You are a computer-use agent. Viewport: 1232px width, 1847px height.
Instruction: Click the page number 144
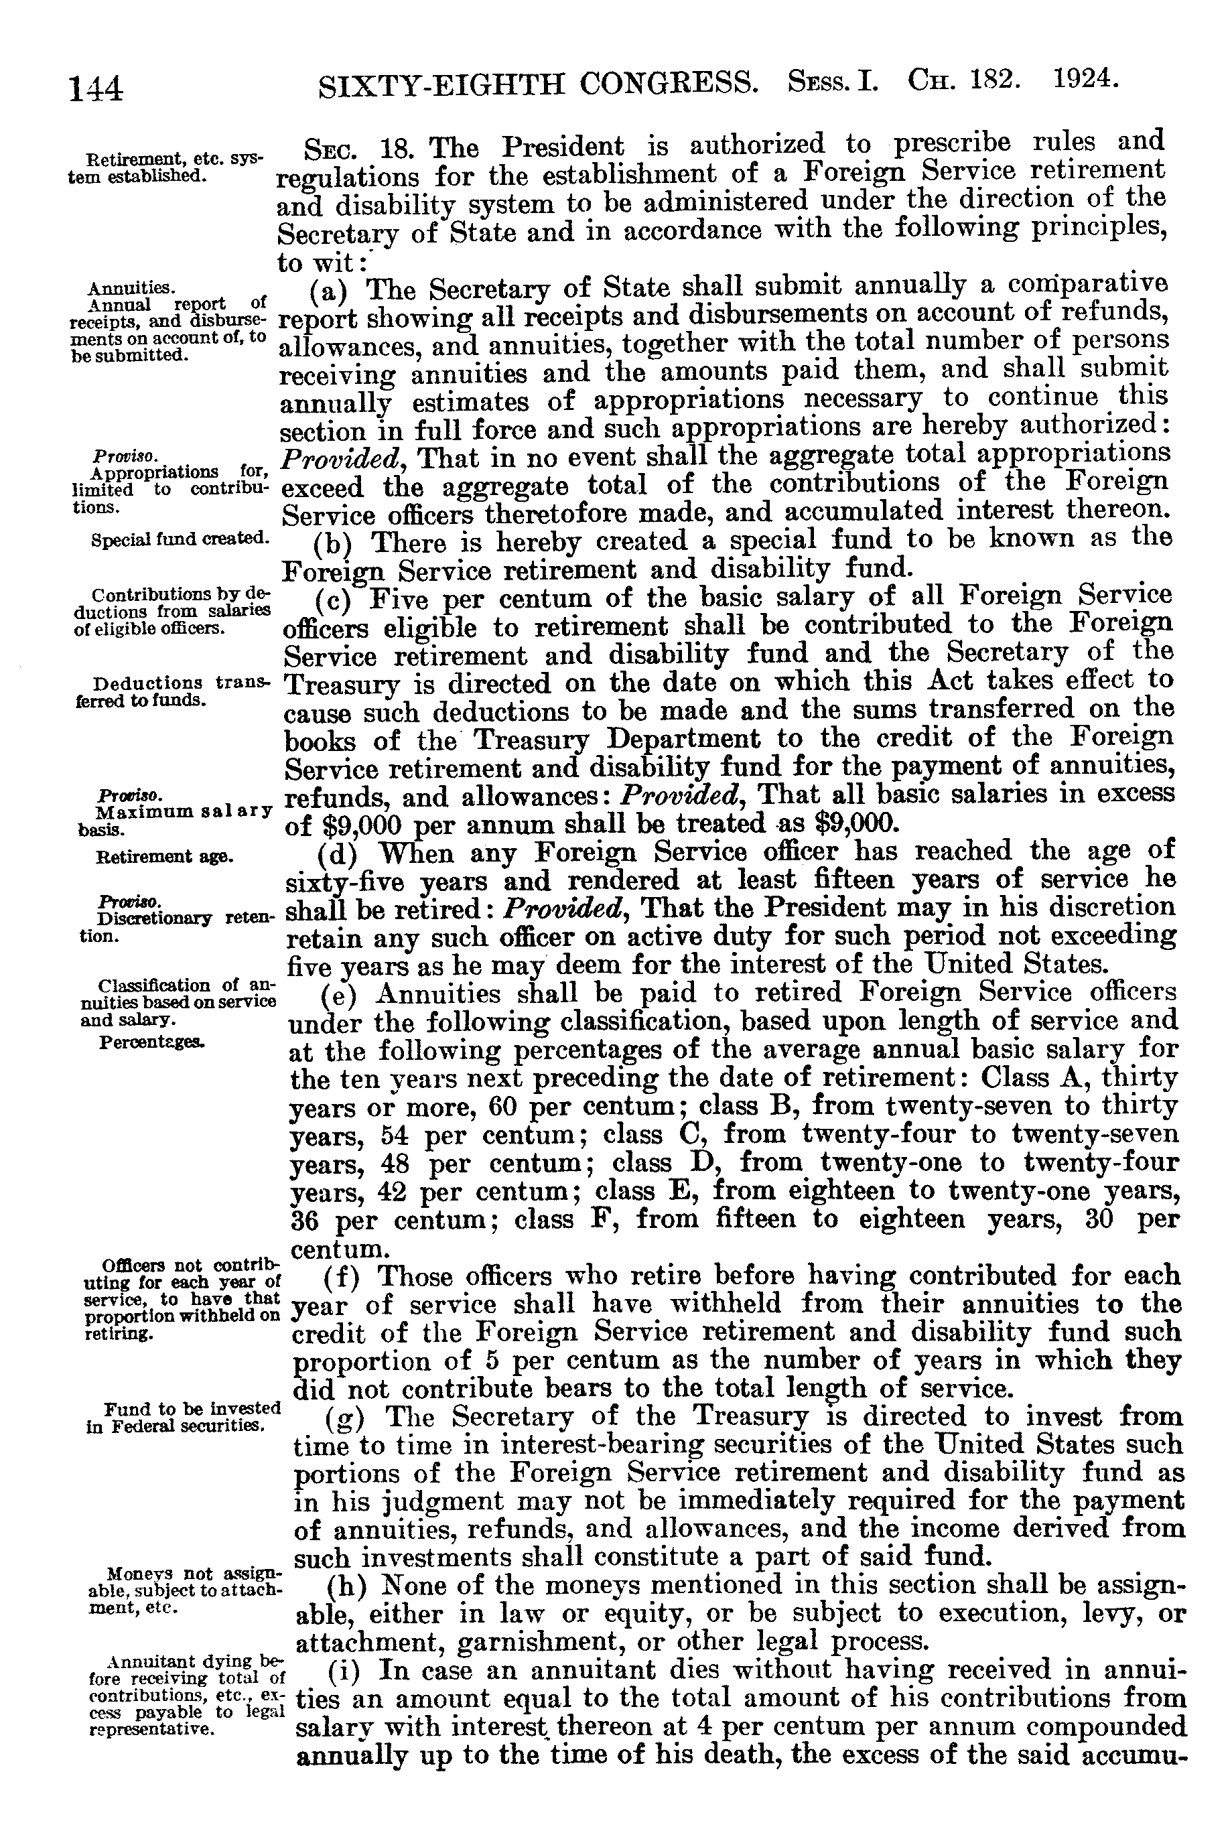coord(96,88)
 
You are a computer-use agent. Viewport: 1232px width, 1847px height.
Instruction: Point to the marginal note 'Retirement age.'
coord(163,856)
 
